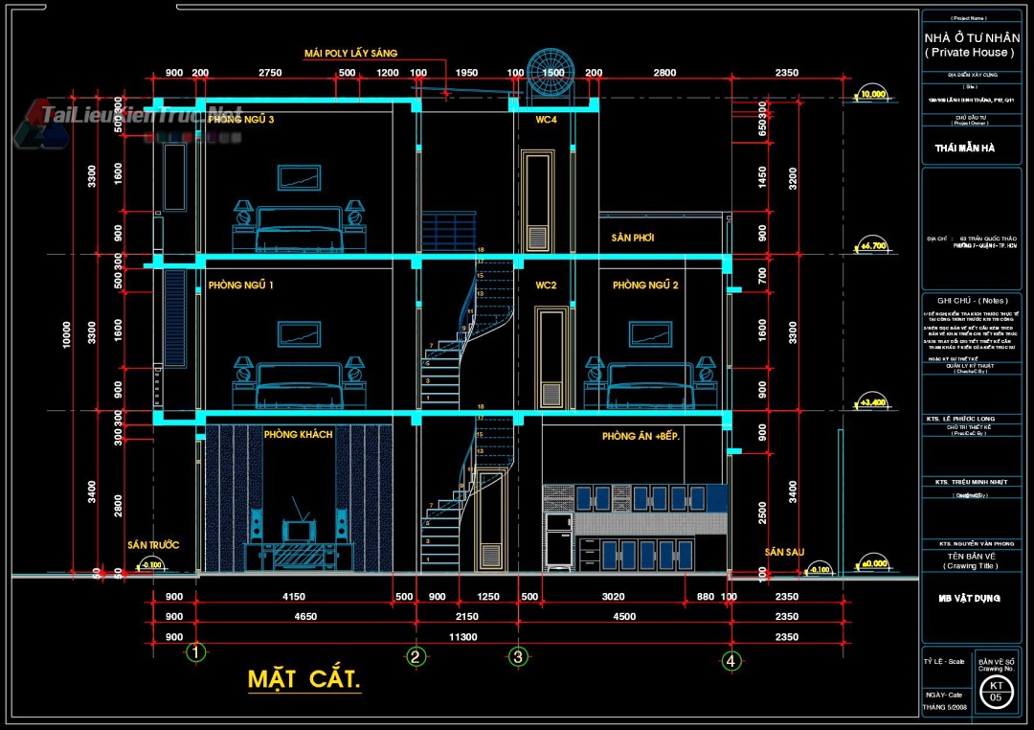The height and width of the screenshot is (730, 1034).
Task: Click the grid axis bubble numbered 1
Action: click(196, 653)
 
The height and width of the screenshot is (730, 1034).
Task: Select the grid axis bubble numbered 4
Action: click(731, 659)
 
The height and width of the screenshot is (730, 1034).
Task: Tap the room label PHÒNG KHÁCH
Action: click(298, 434)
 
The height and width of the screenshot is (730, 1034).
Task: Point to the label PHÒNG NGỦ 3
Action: click(241, 120)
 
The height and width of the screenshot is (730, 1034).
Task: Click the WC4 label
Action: click(547, 120)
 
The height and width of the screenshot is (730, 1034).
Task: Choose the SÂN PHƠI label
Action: click(632, 237)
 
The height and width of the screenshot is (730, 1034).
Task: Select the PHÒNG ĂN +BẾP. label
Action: click(641, 436)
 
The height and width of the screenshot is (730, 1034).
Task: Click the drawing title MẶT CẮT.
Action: click(304, 680)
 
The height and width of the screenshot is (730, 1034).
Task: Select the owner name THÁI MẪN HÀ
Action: click(964, 148)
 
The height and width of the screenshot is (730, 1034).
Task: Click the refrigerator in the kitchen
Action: click(558, 543)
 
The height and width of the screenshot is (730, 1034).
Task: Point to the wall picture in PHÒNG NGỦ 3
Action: click(299, 177)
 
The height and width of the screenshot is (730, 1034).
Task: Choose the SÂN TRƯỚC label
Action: click(153, 545)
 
